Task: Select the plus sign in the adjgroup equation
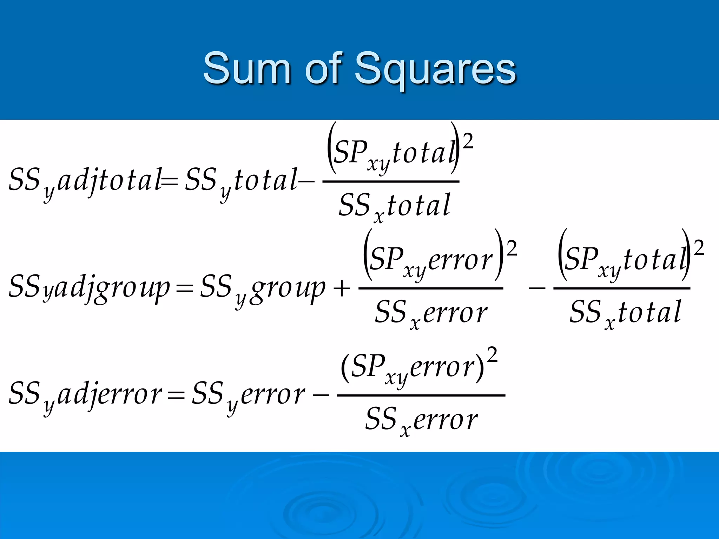(x=341, y=290)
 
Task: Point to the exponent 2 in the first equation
(x=468, y=142)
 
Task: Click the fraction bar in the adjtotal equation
(x=391, y=182)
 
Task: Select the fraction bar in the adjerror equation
(x=421, y=395)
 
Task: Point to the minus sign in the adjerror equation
(x=321, y=396)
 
